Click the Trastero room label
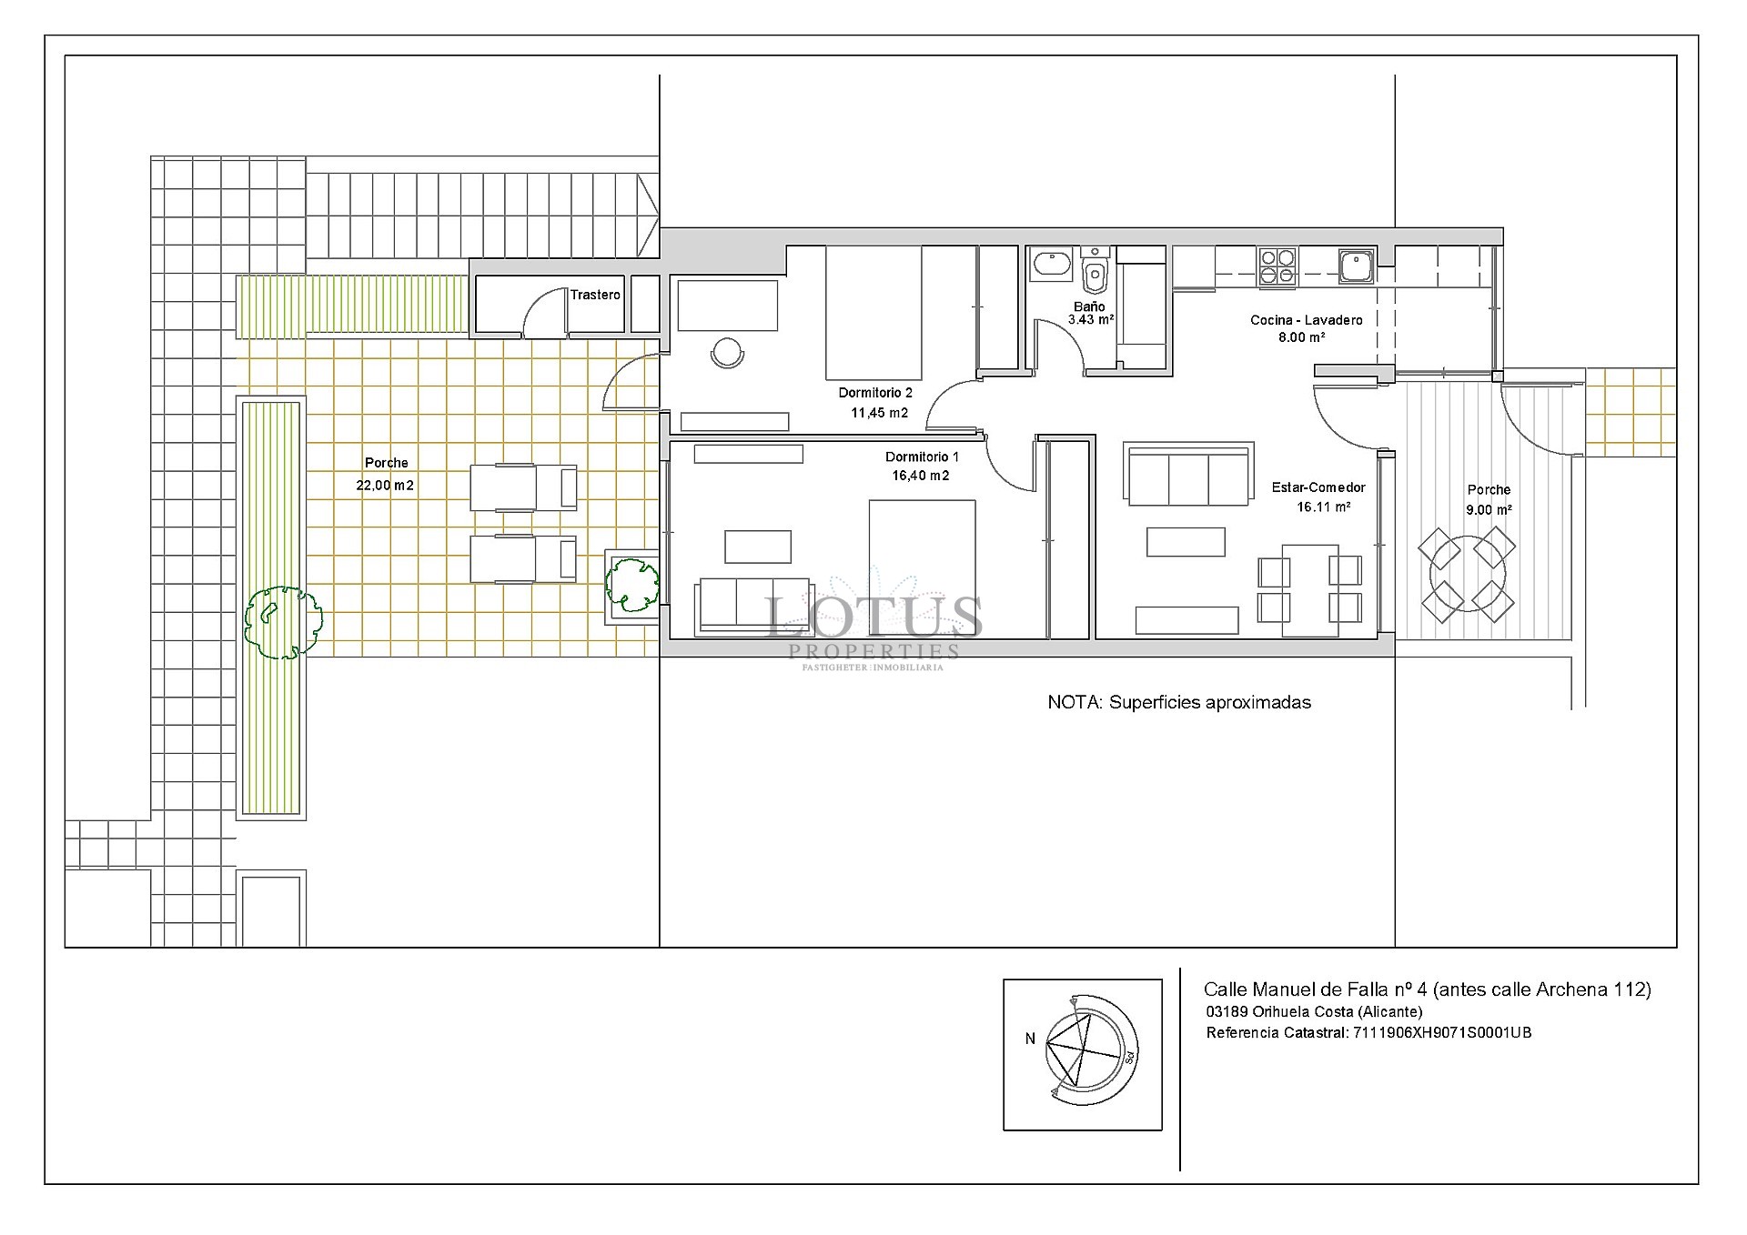click(595, 295)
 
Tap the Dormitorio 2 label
click(875, 393)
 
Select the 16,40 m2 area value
click(921, 476)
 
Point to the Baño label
click(1089, 306)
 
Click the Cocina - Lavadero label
click(1307, 320)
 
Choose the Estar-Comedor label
click(1318, 487)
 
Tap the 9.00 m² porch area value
click(1489, 510)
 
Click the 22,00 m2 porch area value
click(385, 486)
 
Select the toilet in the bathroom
click(1096, 266)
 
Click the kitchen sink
click(1357, 265)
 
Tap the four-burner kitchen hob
click(1277, 267)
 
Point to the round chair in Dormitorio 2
click(728, 353)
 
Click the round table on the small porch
click(1468, 575)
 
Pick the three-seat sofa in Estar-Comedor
click(1188, 474)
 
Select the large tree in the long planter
click(283, 622)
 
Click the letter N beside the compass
click(1030, 1039)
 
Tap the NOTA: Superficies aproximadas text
click(1179, 702)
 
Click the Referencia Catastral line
click(1368, 1033)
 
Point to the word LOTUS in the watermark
click(875, 617)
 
